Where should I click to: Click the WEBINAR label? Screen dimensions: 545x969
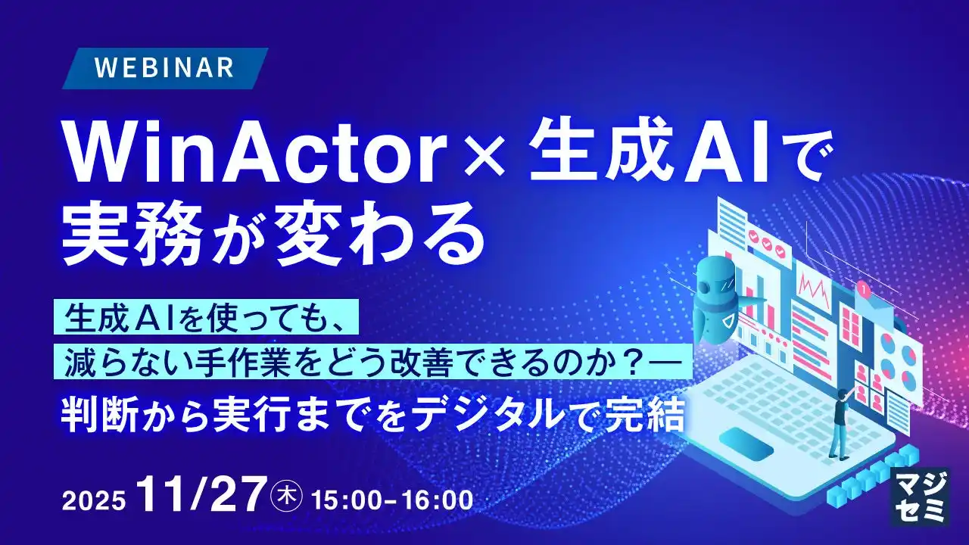164,68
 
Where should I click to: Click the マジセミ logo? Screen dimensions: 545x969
920,495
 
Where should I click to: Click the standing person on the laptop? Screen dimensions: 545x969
840,424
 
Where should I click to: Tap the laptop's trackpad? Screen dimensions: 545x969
746,442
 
